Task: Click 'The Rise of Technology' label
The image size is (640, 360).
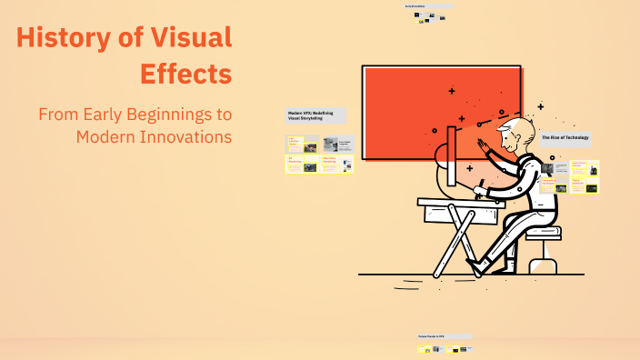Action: click(x=565, y=137)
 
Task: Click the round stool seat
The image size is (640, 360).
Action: click(x=543, y=232)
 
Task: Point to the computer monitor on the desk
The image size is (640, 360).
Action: click(x=451, y=164)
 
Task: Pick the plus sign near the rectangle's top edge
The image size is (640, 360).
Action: click(x=452, y=91)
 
